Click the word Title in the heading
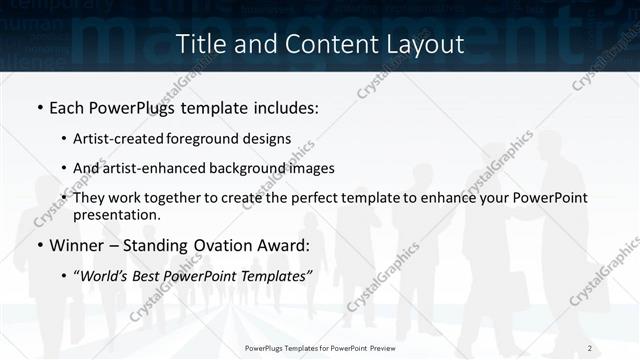coord(200,44)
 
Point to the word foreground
coord(205,138)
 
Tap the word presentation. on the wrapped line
coord(117,214)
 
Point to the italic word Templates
coord(277,276)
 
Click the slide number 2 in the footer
coord(590,347)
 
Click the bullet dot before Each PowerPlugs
coord(39,107)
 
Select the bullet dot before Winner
coord(39,246)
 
